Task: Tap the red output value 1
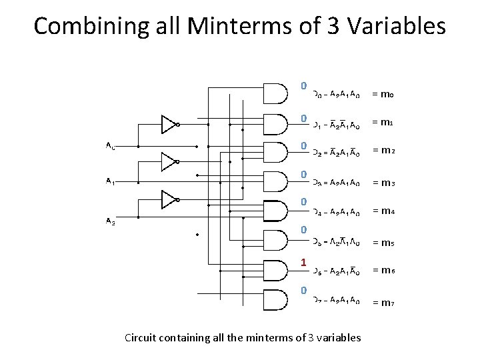pos(303,263)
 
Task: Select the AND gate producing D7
pos(277,299)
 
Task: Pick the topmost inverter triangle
pos(169,124)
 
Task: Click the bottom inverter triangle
pos(169,199)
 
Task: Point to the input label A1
pos(110,181)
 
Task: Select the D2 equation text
pos(337,153)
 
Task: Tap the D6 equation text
pos(337,271)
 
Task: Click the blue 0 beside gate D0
pos(303,86)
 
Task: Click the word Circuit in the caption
pos(141,337)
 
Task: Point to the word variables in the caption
pos(337,337)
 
